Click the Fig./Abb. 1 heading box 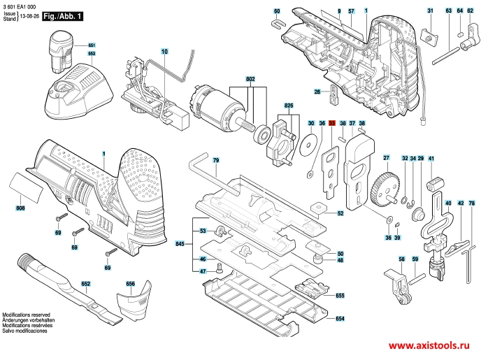pos(62,15)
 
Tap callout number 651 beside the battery pos(92,45)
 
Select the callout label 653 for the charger pos(92,53)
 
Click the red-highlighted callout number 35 pos(332,123)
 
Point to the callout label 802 pos(250,80)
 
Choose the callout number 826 pos(288,105)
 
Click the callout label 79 pos(216,161)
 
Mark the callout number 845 pos(180,243)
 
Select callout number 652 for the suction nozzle pos(85,285)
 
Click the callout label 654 pos(340,319)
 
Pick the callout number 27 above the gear pos(386,158)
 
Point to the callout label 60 pos(277,11)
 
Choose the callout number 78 pos(471,203)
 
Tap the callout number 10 pos(164,52)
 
